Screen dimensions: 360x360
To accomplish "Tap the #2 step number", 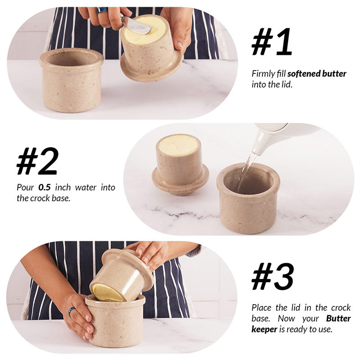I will pos(37,161).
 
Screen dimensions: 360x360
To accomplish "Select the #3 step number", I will pos(273,276).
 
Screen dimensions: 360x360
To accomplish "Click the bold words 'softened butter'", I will pos(317,74).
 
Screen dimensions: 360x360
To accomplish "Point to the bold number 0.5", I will pos(45,188).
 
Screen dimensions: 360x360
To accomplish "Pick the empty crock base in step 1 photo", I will pos(71,80).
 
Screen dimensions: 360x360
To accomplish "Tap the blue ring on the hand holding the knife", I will pos(102,10).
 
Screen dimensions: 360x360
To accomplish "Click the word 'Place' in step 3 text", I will pos(262,308).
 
